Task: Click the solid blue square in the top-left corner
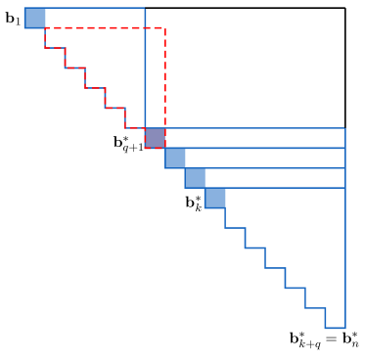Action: pos(34,18)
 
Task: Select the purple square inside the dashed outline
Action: pos(155,138)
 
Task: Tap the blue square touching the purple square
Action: pos(175,158)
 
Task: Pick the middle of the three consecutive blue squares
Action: pos(195,178)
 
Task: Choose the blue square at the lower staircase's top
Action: pos(214,199)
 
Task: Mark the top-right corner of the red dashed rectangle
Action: pos(165,28)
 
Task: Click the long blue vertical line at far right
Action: pos(345,235)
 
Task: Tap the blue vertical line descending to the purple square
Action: pos(145,68)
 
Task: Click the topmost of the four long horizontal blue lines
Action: pos(254,128)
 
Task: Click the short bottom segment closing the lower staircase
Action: pos(336,328)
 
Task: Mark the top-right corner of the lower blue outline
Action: pos(345,128)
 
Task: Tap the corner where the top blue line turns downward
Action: pos(145,8)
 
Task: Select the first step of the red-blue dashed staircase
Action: pos(55,48)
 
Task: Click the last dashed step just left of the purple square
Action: pos(135,128)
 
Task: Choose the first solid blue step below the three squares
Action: pos(235,228)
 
